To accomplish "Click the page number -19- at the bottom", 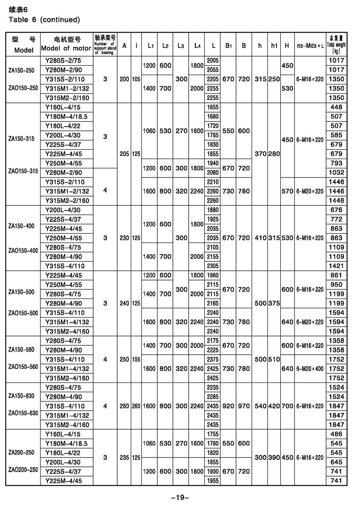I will [x=181, y=497].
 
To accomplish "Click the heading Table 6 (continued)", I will [x=44, y=20].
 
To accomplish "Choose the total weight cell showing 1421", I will [x=336, y=266].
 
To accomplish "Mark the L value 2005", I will [x=212, y=60].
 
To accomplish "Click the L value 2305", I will [x=212, y=266].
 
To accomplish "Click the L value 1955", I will [x=212, y=480].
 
